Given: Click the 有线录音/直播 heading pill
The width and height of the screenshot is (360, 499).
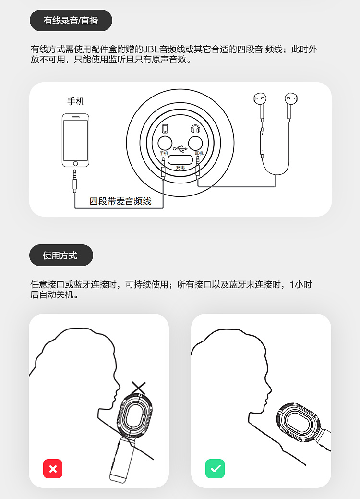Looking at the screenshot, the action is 71,20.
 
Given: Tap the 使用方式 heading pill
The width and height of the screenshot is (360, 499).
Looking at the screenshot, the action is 61,255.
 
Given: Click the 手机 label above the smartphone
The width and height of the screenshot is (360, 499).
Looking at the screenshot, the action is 76,101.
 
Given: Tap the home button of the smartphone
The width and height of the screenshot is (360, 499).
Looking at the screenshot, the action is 75,164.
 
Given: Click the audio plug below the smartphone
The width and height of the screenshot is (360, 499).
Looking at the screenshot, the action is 75,182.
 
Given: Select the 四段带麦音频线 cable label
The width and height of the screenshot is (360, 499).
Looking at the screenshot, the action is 120,201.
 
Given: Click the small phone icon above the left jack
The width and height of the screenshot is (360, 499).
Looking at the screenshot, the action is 165,128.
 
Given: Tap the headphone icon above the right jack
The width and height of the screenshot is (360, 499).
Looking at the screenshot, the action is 195,129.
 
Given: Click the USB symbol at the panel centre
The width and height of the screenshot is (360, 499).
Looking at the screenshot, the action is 180,148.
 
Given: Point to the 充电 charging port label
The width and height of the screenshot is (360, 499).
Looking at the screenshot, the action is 180,168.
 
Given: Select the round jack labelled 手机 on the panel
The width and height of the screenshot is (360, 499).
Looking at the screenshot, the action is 165,143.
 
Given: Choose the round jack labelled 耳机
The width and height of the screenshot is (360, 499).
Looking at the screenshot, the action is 195,143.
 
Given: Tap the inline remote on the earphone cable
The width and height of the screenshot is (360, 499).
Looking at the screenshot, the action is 262,142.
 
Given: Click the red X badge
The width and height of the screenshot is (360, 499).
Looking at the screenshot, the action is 53,469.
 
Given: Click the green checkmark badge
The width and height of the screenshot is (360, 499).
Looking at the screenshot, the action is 215,469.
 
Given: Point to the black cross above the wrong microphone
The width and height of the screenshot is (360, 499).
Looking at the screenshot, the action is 139,388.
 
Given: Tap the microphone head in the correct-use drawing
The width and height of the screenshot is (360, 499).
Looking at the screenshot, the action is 298,423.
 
